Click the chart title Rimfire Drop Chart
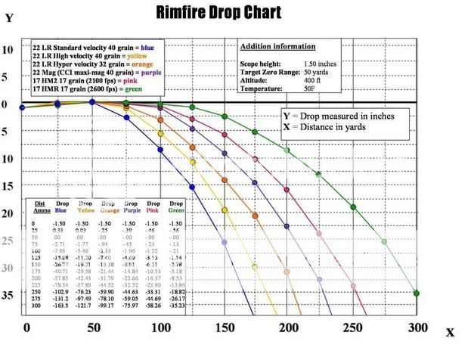218,13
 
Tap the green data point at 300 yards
417,293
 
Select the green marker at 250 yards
353,207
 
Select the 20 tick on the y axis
8,214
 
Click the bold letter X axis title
451,332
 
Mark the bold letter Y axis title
9,17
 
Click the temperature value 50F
330,89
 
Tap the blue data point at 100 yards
160,150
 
